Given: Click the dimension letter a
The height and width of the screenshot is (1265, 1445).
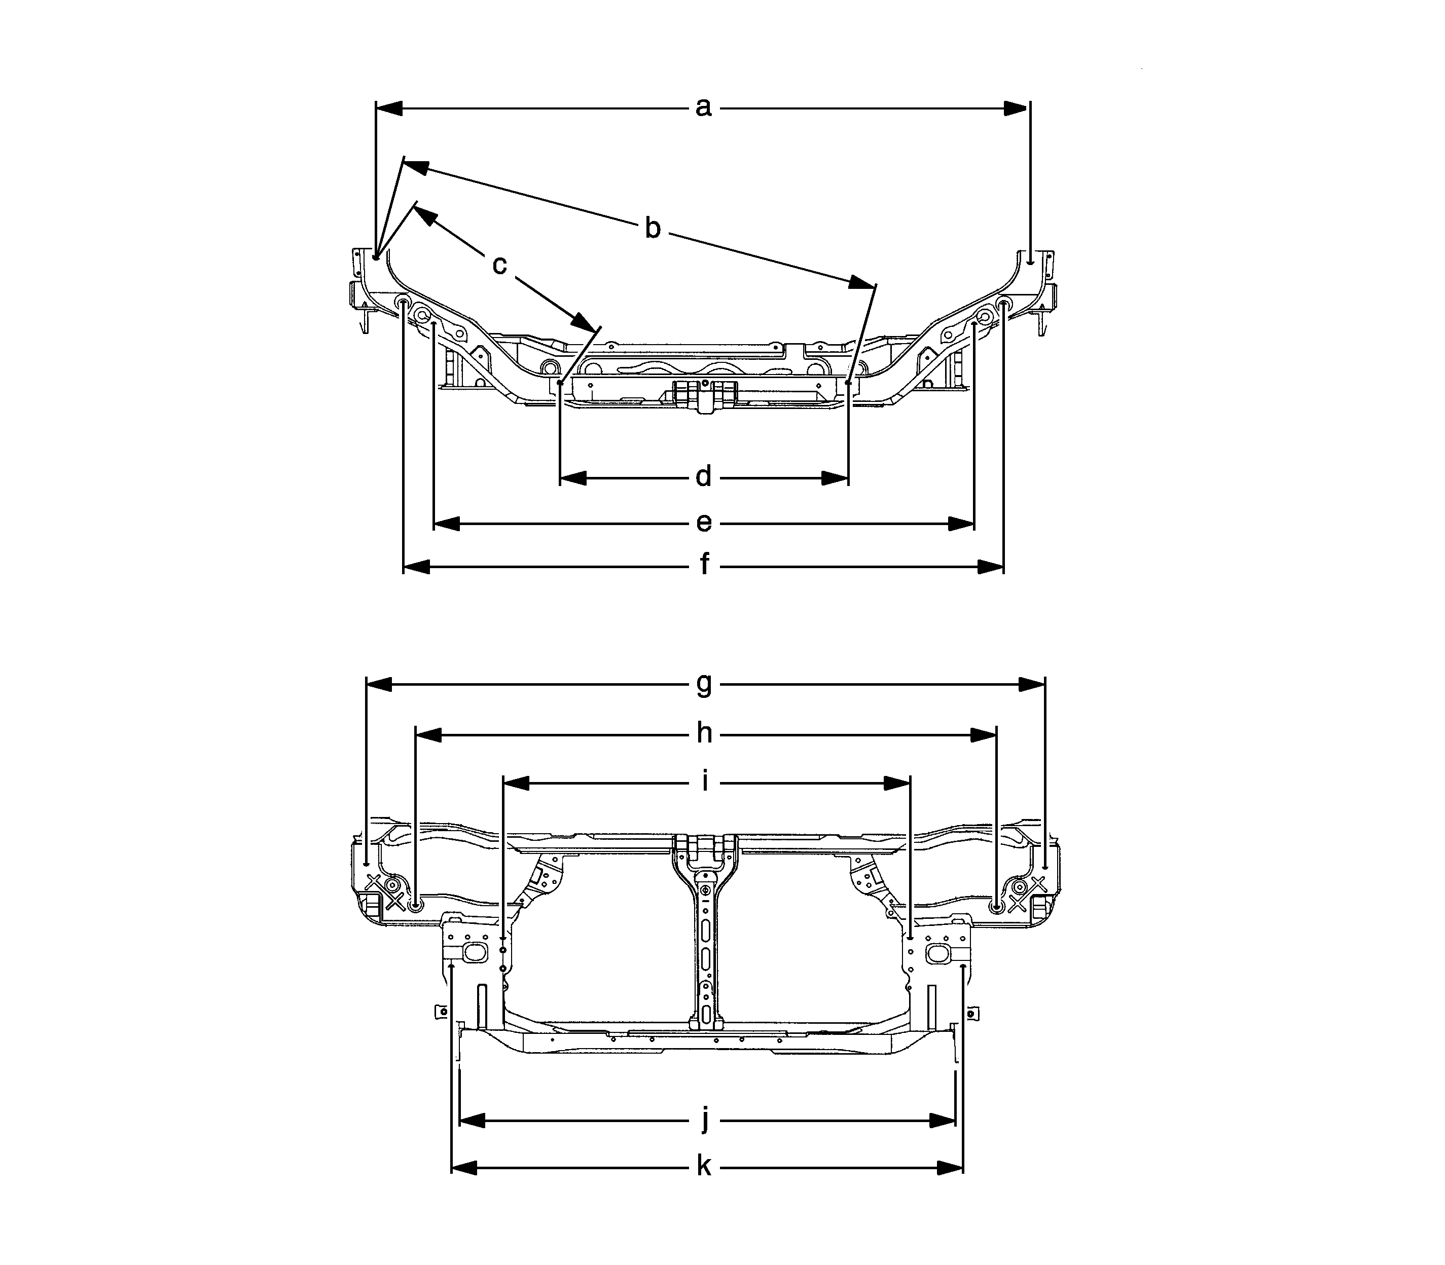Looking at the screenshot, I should pos(703,108).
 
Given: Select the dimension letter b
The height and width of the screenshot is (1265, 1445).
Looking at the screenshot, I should pos(653,229).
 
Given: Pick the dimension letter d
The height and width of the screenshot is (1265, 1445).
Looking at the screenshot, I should pos(703,478).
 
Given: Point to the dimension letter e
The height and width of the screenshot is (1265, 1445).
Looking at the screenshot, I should pos(703,523).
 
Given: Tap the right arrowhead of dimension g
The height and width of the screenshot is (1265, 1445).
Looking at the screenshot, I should pos(1031,684).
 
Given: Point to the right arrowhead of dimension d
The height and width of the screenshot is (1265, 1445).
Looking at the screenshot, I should pos(834,478).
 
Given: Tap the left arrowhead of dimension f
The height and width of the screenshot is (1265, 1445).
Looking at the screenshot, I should pos(417,566).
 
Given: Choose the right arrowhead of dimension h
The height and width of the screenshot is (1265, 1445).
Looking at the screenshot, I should pos(983,735).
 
